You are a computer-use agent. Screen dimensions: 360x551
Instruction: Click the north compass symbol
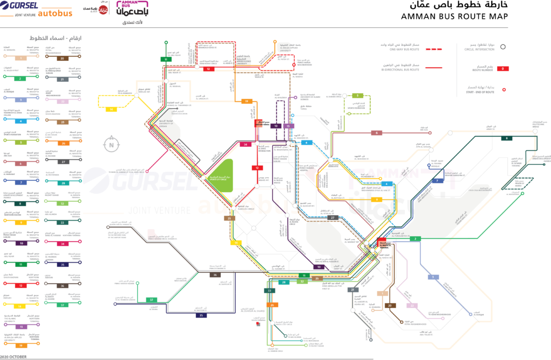point(111,144)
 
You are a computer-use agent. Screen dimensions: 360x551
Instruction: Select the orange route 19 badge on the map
point(246,101)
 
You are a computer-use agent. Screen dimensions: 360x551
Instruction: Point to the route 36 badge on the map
point(214,274)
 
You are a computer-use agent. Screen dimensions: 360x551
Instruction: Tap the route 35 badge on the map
point(201,315)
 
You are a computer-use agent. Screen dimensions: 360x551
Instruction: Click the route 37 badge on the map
point(152,300)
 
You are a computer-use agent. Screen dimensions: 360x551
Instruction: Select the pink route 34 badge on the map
point(245,144)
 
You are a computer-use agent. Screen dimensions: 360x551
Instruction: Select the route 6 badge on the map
point(377,132)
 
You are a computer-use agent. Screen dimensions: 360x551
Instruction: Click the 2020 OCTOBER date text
point(15,356)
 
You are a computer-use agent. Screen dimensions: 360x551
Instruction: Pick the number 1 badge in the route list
point(21,58)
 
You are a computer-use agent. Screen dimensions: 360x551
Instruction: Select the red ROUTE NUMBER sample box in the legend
point(502,68)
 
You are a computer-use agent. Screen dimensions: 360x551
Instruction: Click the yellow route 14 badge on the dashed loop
point(111,109)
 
